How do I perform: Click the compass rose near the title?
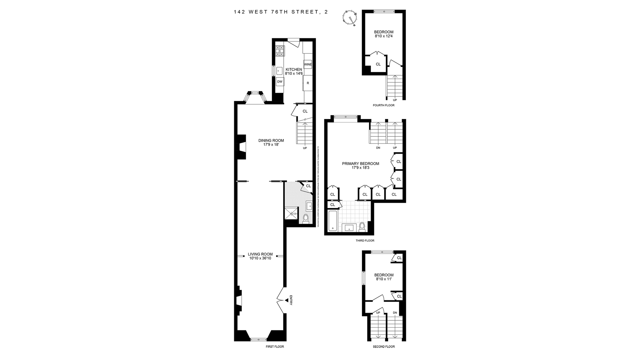coord(351,18)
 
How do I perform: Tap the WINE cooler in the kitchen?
coord(308,64)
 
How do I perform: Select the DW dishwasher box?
coord(280,82)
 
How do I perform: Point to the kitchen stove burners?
coord(280,51)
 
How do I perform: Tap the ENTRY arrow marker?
coord(287,301)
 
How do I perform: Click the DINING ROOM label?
coord(271,140)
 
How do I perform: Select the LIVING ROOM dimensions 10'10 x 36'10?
coord(260,258)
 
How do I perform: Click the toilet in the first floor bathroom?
coord(306,218)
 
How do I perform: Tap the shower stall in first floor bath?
coord(291,213)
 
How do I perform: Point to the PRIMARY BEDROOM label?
coord(360,164)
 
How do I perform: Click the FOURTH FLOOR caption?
coord(383,105)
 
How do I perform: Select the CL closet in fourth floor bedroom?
coord(378,64)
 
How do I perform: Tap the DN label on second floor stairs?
coord(395,313)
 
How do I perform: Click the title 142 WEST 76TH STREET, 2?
coord(281,12)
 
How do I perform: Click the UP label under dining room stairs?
coord(305,148)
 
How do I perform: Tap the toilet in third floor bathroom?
coord(362,227)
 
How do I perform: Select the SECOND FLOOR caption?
coord(384,347)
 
